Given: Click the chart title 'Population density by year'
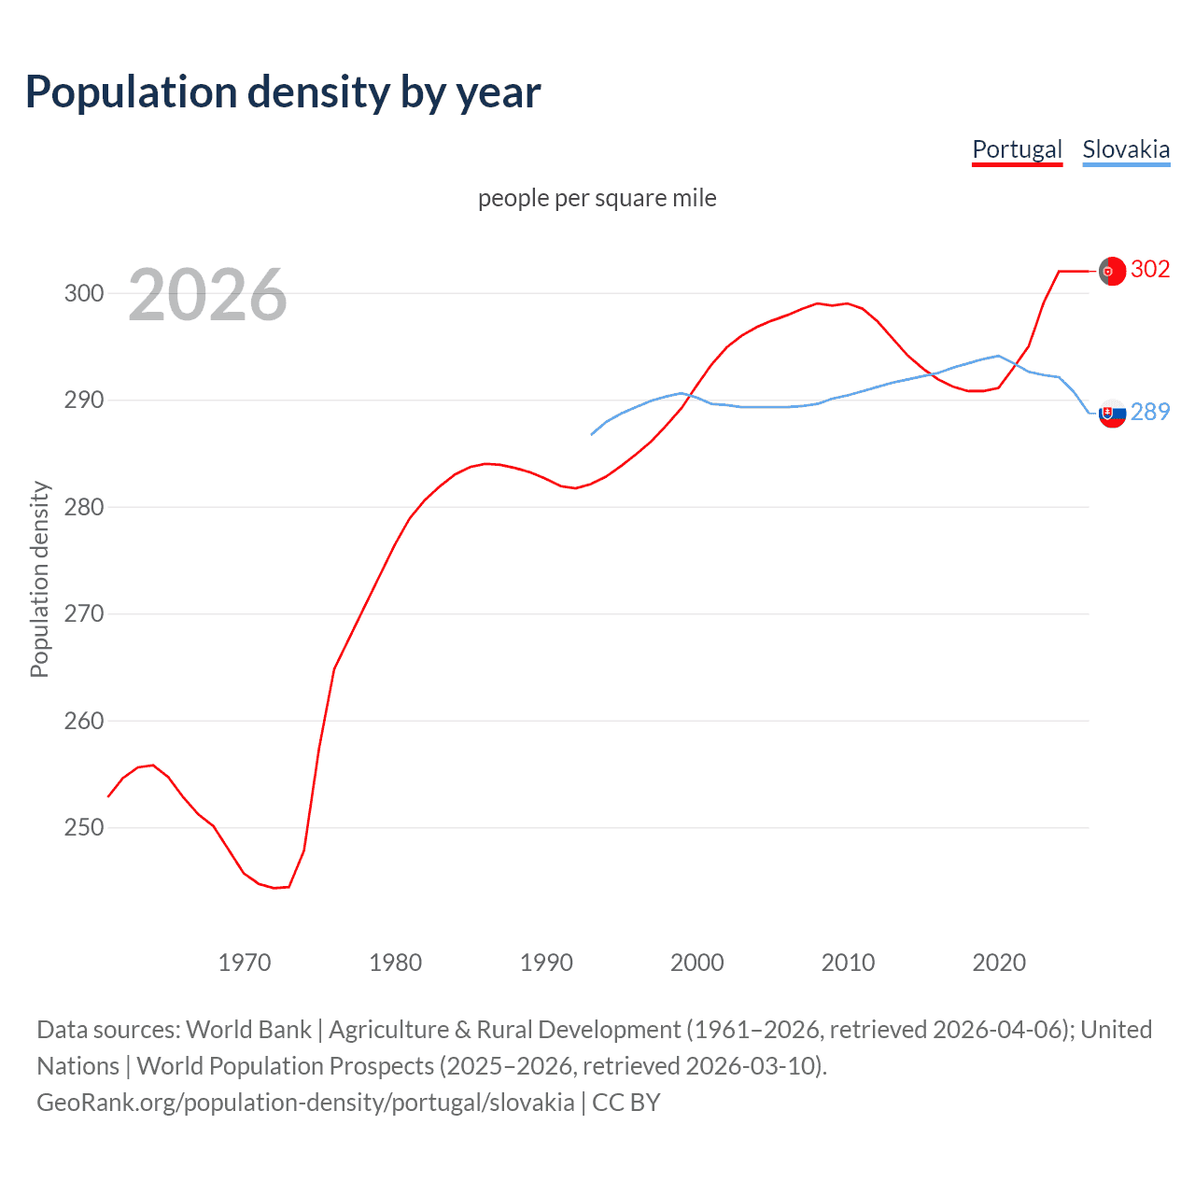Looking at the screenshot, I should (283, 92).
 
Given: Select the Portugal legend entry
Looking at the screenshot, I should (1017, 149).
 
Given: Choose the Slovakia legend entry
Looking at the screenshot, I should (1126, 149).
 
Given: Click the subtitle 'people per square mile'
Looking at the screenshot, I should (597, 198).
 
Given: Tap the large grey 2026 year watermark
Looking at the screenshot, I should (207, 295).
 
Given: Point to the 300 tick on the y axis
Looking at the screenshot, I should (83, 293).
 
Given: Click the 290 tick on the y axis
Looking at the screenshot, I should (83, 401).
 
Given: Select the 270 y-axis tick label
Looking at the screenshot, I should (83, 614).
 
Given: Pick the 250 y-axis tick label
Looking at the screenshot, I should (83, 828).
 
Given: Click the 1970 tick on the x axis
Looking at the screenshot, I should (245, 963).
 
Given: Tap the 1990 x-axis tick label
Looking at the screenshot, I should (546, 963).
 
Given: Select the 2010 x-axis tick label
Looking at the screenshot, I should (848, 963).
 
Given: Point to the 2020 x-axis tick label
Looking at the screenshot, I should (999, 963).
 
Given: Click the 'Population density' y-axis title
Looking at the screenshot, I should (39, 579).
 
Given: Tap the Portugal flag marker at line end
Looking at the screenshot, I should (1111, 271).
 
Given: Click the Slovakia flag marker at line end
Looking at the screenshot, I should (1111, 413).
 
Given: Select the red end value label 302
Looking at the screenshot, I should (1150, 269).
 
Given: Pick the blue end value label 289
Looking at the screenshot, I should (1150, 412).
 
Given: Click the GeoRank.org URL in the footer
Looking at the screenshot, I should (305, 1102).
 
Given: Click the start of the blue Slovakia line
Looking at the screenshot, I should (592, 434).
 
